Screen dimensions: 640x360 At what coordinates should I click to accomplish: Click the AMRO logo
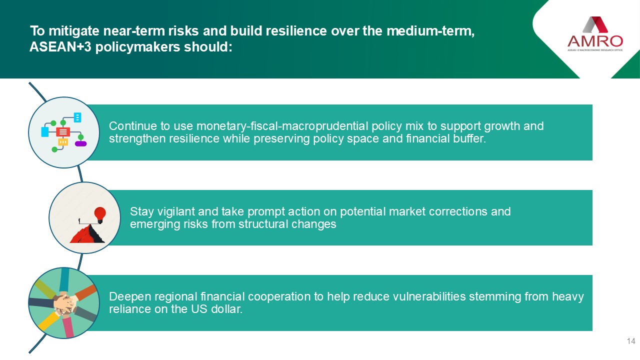pos(595,34)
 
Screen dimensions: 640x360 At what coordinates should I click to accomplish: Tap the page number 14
pos(631,341)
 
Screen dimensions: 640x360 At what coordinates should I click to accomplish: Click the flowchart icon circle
pos(64,132)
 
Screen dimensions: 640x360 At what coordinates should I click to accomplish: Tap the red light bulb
pos(100,215)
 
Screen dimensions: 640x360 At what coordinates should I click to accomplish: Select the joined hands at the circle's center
pos(65,303)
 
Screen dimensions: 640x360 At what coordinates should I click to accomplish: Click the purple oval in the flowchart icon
pos(80,143)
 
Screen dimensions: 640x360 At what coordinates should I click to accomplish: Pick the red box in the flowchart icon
pos(63,131)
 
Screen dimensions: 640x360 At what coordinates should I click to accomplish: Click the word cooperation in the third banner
pos(279,297)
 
